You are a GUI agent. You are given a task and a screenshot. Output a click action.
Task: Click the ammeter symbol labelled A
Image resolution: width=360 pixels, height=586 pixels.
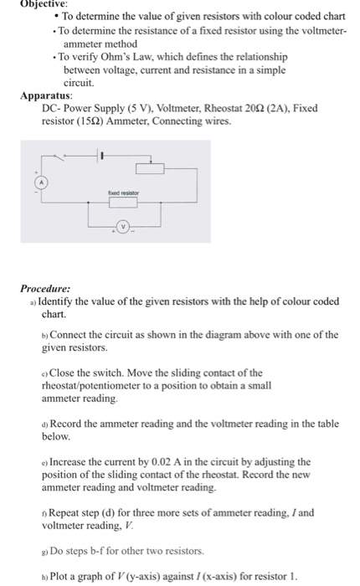tap(37, 182)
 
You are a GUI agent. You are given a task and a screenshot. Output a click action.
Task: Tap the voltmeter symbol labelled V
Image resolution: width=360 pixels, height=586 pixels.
tap(123, 226)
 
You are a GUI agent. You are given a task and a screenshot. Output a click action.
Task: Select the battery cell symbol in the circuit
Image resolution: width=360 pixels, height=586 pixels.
tap(101, 156)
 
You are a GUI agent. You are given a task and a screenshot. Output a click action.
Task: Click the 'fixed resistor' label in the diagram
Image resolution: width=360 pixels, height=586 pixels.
tap(122, 193)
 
